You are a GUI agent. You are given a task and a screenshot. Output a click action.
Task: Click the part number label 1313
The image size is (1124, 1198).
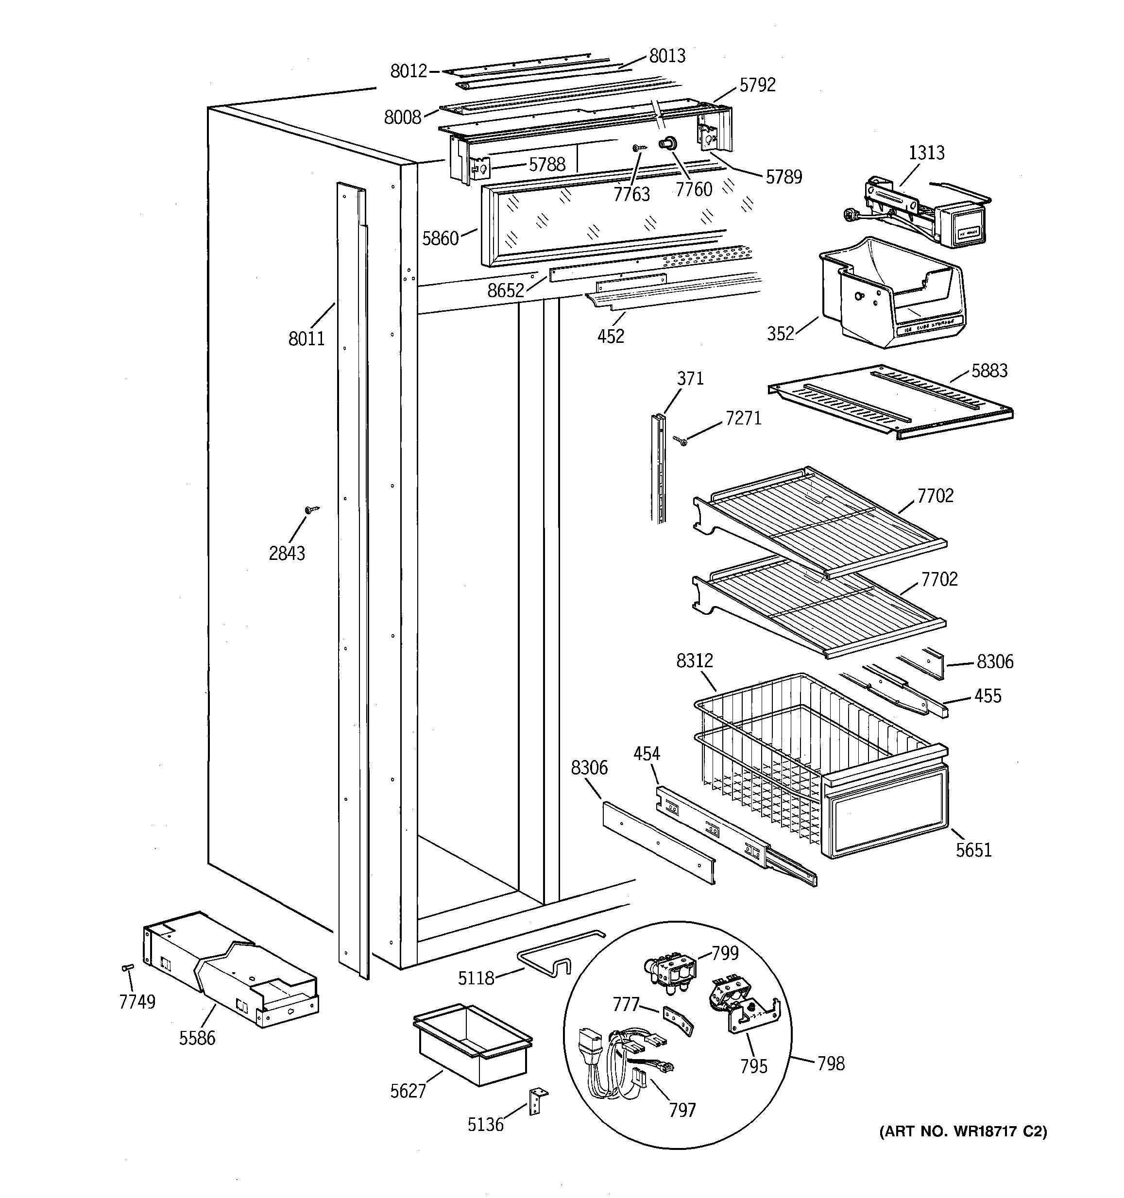click(926, 153)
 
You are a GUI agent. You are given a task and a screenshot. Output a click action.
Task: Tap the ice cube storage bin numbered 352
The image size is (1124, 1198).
click(892, 295)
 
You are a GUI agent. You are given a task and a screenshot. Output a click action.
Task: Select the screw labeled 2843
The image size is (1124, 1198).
click(311, 510)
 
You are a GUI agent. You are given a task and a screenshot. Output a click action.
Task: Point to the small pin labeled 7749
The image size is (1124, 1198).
click(127, 967)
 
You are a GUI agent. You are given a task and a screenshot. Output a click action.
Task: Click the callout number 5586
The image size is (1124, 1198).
click(197, 1038)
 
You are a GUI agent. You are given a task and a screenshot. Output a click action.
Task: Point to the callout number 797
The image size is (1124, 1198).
click(682, 1110)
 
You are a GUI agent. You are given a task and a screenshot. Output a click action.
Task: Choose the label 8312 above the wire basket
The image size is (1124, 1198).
click(694, 661)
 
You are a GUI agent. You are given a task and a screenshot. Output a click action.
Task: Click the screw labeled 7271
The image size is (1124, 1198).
click(681, 442)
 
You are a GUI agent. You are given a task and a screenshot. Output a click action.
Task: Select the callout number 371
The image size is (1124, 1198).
click(690, 379)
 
